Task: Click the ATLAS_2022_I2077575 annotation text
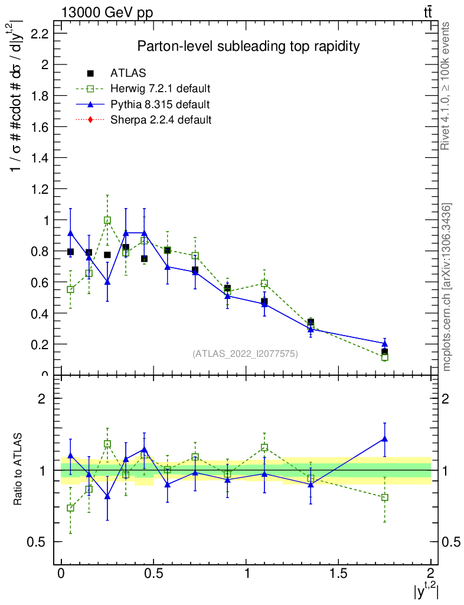point(245,354)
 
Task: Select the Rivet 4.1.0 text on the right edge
point(446,86)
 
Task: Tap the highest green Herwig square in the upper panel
point(107,220)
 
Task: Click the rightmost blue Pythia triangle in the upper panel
point(384,343)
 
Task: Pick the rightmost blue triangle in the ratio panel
point(384,439)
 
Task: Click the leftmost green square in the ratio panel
point(71,508)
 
